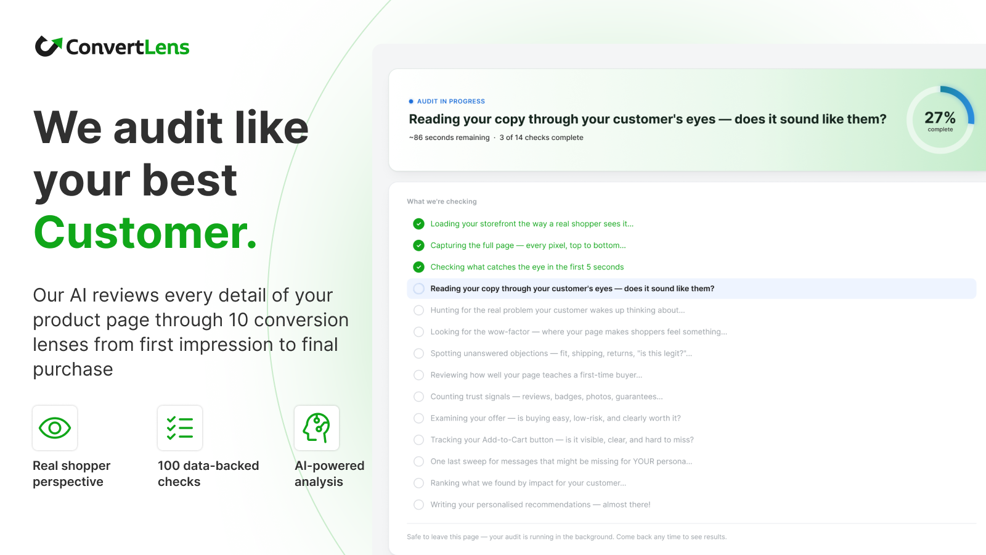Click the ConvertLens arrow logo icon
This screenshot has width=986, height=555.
[x=49, y=46]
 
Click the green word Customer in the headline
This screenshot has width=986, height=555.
[x=145, y=232]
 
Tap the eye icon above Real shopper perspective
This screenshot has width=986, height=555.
[x=55, y=428]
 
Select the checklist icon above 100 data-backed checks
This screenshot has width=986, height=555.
[x=179, y=428]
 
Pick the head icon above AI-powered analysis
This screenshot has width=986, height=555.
[x=317, y=428]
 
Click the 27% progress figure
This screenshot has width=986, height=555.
[x=940, y=118]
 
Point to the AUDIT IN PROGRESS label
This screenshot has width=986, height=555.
[x=450, y=101]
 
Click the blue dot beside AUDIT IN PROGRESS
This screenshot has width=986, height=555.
[x=410, y=101]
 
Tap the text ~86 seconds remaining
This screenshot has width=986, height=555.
[x=449, y=138]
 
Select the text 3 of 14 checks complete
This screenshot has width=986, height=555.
[x=541, y=138]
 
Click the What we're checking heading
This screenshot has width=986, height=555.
[x=441, y=201]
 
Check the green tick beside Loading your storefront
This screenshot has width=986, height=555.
[x=418, y=224]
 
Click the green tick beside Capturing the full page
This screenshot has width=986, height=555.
[x=418, y=245]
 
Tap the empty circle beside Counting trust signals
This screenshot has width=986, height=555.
[x=418, y=397]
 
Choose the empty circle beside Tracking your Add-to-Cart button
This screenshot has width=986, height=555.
[x=418, y=440]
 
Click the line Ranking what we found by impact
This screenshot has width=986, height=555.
[x=528, y=483]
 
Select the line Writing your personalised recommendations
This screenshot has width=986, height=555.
[x=540, y=504]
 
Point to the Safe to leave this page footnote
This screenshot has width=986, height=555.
[x=566, y=536]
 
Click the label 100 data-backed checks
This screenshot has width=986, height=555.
[x=208, y=474]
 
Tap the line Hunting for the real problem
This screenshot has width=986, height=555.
[x=557, y=310]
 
